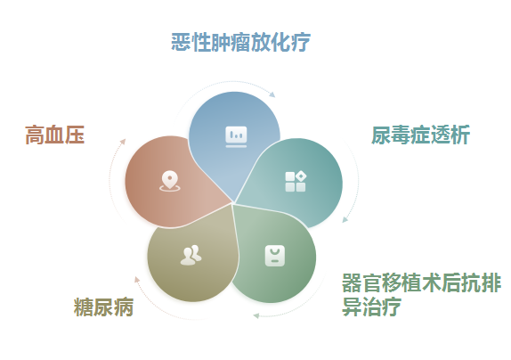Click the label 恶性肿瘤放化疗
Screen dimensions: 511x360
pos(240,42)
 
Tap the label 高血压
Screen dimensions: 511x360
pos(55,135)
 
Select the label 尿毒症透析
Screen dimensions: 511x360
pos(420,135)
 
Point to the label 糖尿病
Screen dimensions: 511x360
pos(103,307)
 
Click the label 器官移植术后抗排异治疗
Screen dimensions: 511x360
pos(421,294)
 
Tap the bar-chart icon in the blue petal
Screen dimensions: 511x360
pos(236,137)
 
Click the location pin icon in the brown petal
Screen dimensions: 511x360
pos(170,181)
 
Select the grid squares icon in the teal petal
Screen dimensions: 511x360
pos(296,181)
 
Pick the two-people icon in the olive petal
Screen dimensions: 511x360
pos(191,255)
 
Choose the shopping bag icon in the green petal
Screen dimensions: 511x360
pos(275,256)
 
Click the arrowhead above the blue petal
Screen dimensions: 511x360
pos(272,94)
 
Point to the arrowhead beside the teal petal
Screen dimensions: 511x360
pos(345,219)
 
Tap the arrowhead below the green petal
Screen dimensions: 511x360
pos(256,315)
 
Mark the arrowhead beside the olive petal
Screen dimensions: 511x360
pos(137,280)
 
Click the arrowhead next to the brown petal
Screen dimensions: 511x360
pos(123,142)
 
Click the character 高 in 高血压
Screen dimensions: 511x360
pos(35,135)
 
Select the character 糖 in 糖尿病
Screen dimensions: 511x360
pos(84,307)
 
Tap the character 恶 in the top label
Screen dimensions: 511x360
pos(181,42)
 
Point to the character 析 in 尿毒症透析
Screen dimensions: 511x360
pos(460,135)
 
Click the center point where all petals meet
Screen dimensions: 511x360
pos(232,203)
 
